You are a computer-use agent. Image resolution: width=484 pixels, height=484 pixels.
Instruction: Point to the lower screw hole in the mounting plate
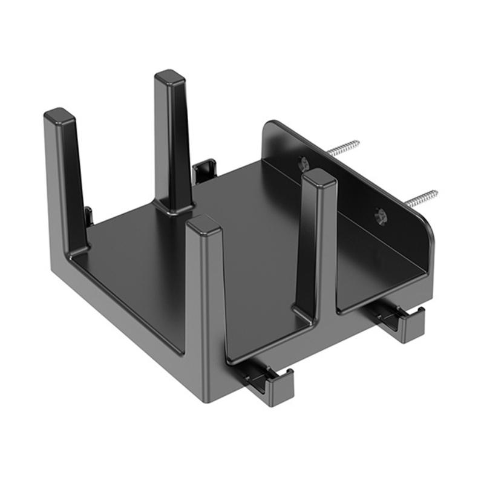[x=381, y=215]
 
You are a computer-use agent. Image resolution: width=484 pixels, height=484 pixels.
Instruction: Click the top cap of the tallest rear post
[x=169, y=77]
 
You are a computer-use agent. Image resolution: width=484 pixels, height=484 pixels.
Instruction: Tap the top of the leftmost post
[x=59, y=114]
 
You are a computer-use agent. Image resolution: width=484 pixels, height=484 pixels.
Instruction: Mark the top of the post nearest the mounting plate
[x=319, y=177]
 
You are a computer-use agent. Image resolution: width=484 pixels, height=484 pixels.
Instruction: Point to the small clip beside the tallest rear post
[x=204, y=170]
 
